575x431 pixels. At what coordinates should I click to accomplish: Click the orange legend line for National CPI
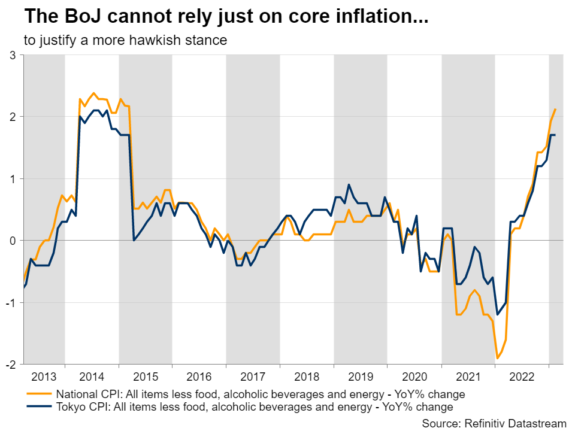[40, 394]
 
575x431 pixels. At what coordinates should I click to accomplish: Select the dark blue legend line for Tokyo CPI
[40, 407]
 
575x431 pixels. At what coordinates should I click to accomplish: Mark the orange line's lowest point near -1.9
[497, 358]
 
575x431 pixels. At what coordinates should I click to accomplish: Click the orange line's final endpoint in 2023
[556, 109]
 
